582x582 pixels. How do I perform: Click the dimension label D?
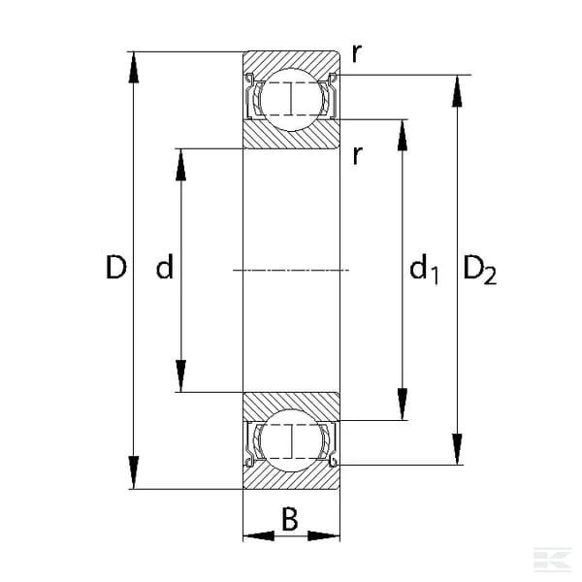click(x=116, y=268)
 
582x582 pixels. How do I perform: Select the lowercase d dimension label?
click(x=165, y=267)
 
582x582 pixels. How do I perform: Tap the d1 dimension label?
click(x=424, y=269)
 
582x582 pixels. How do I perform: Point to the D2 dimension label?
click(x=479, y=271)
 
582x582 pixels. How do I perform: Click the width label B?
click(x=290, y=519)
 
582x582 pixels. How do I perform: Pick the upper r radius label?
click(x=356, y=53)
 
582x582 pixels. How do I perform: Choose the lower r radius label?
click(x=357, y=155)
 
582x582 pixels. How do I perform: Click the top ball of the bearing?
click(x=291, y=100)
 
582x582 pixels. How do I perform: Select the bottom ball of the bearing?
click(x=291, y=440)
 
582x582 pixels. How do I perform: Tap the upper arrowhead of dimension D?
click(x=134, y=67)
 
